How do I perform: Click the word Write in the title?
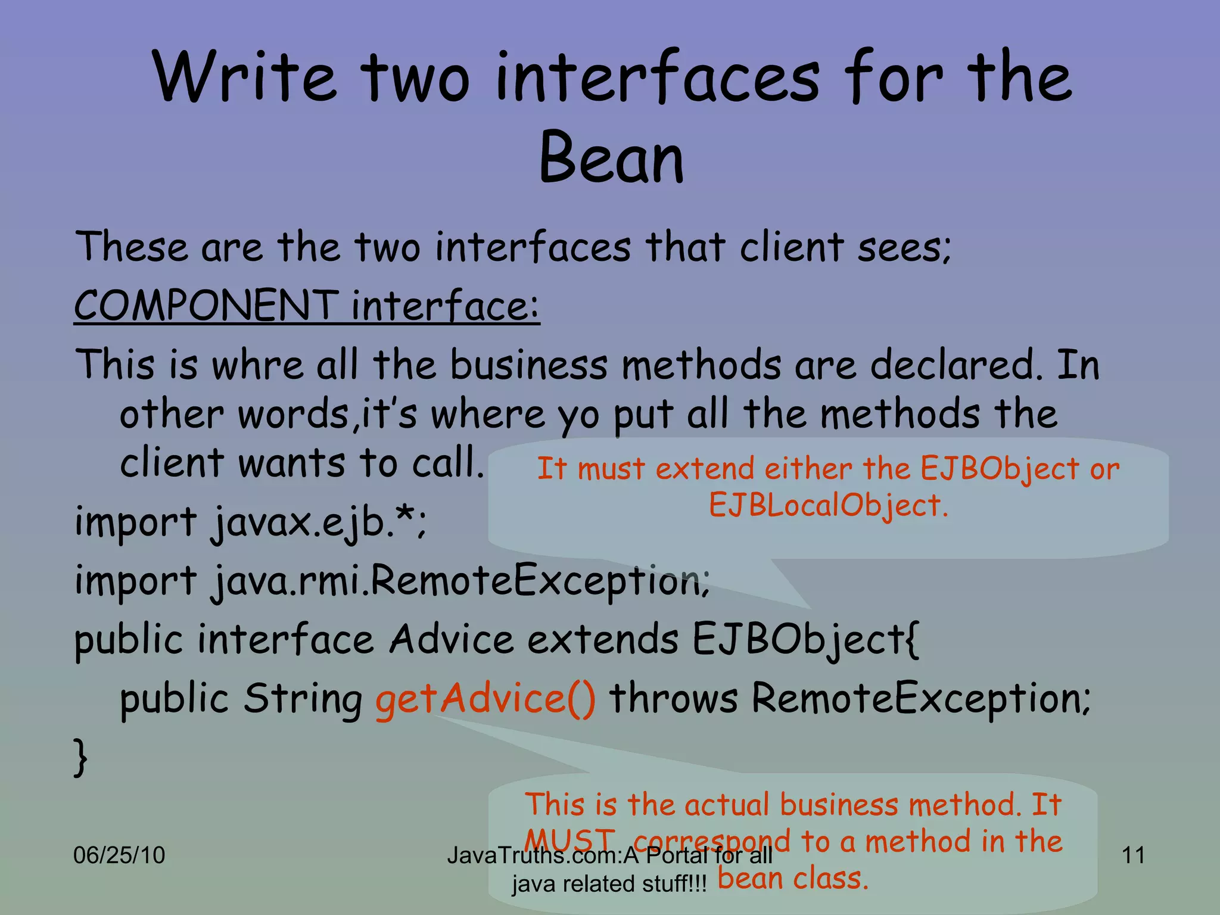pos(244,77)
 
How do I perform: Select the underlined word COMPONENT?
pos(206,305)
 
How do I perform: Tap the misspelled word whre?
pos(257,365)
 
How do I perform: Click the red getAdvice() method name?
pos(485,698)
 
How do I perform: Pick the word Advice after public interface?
pos(452,640)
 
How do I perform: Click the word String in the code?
pos(303,698)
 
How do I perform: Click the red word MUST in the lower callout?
pos(569,840)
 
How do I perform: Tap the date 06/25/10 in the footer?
pos(119,855)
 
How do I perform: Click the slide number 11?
pos(1133,855)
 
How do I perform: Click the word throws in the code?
pos(673,698)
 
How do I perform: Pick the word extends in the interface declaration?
pos(602,640)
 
